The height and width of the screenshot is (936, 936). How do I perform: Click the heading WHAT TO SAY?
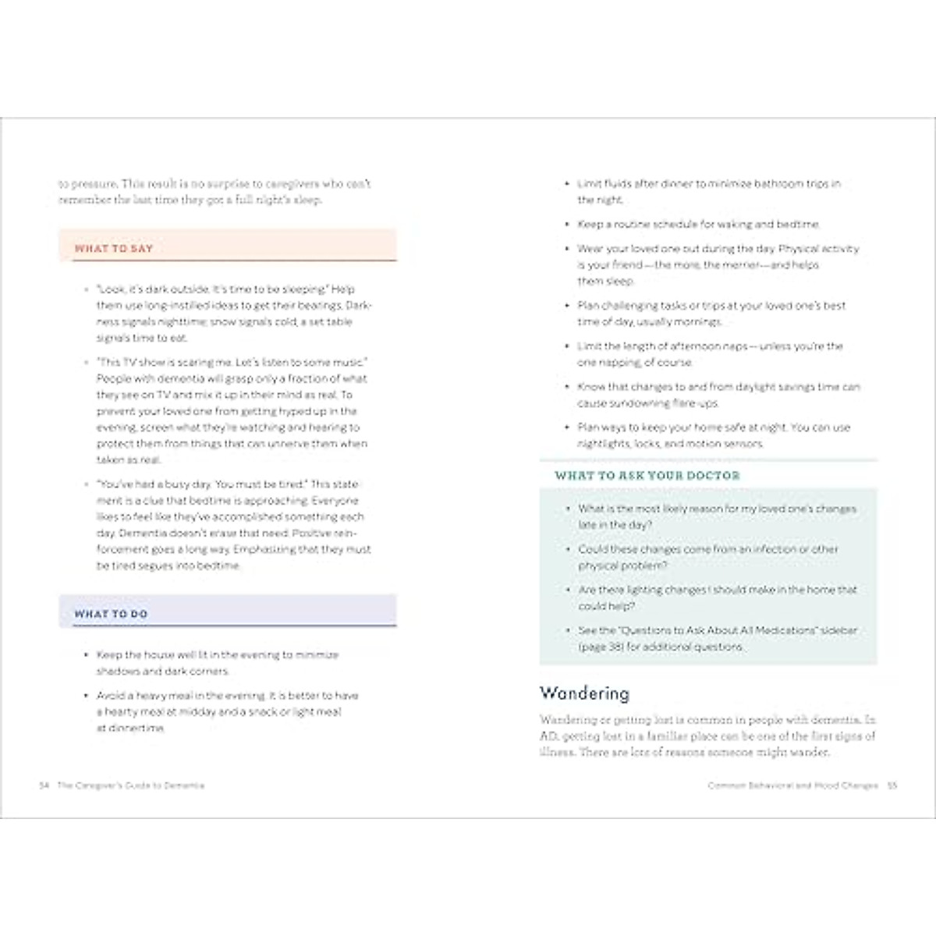coord(114,249)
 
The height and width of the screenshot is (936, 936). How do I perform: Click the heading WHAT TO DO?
coord(111,614)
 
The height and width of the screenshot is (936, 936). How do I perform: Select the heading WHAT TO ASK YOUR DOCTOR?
coord(647,475)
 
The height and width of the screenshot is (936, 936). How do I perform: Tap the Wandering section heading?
coord(584,693)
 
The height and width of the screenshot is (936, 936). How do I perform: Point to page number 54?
coord(44,785)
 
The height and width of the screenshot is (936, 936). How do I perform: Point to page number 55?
coord(892,785)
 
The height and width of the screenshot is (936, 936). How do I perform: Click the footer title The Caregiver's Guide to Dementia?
coord(131,785)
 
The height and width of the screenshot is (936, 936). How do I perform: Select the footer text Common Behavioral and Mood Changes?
coord(792,785)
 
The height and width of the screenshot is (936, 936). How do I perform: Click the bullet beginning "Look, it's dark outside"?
coord(225,289)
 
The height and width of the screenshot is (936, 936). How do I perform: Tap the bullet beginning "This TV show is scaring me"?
coord(232,362)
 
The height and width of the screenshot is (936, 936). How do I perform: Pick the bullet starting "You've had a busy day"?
coord(226,484)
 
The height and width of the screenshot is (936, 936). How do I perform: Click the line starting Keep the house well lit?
coord(218,655)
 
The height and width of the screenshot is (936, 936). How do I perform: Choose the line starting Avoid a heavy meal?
coord(227,695)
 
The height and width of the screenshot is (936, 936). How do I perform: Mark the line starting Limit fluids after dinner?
coord(709,184)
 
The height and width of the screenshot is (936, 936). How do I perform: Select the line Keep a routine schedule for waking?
coord(698,224)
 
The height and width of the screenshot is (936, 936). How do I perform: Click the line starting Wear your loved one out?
coord(718,249)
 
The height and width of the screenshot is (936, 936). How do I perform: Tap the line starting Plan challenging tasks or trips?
coord(711,306)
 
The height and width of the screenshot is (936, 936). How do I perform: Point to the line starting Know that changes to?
coord(718,387)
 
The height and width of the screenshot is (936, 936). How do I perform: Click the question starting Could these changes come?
coord(708,549)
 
